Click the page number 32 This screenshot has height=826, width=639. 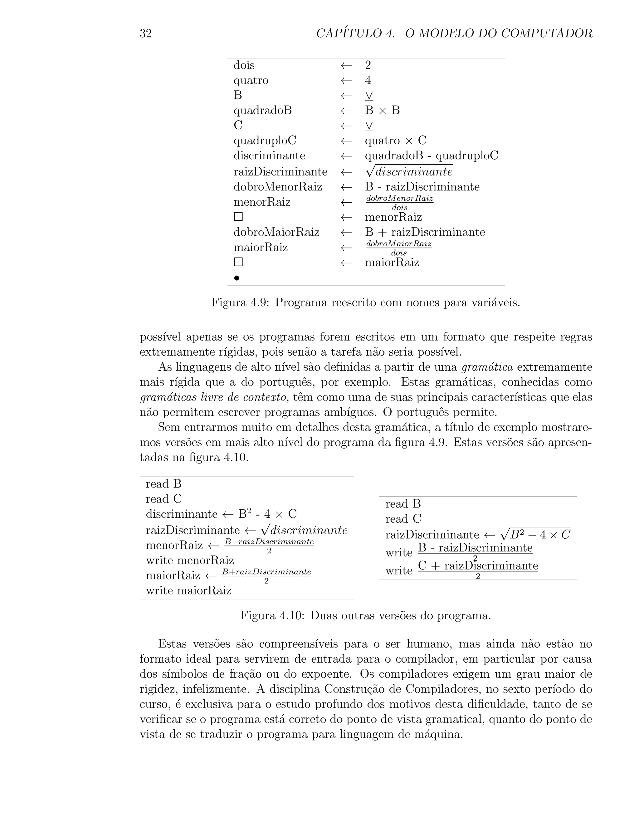coord(146,34)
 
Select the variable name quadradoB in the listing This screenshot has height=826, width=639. coord(262,110)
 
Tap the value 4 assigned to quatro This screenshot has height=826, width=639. coord(368,80)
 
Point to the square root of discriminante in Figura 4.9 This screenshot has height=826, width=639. coord(409,172)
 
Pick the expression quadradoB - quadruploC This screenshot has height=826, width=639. coord(432,156)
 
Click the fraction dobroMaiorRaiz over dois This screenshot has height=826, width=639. coord(399,248)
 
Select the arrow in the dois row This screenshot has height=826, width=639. coord(346,65)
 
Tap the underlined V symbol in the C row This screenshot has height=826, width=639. coord(369,126)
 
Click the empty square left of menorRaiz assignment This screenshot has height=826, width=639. coord(238,217)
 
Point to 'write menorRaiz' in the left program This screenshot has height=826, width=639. coord(190,560)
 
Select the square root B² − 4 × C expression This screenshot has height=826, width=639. coord(535,534)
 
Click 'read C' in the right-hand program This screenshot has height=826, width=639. coord(403,519)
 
